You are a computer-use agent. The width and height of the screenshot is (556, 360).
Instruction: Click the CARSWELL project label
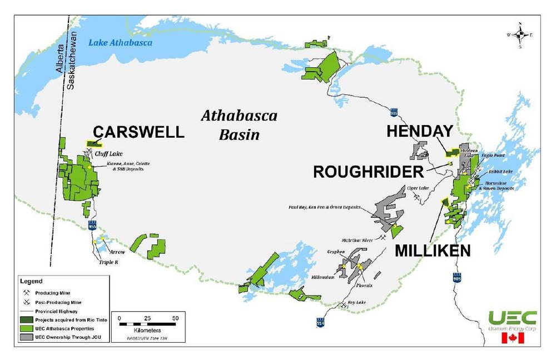click(138, 132)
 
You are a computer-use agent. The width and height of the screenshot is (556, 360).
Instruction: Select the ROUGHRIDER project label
click(369, 172)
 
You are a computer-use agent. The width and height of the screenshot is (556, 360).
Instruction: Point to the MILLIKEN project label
click(433, 251)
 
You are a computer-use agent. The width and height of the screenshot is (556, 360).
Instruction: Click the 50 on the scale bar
click(176, 318)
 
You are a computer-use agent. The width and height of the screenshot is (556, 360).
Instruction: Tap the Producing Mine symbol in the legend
click(26, 292)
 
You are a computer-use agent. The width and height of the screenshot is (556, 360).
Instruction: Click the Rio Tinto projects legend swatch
click(26, 320)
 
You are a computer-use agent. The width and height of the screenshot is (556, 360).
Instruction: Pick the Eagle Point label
click(493, 156)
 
